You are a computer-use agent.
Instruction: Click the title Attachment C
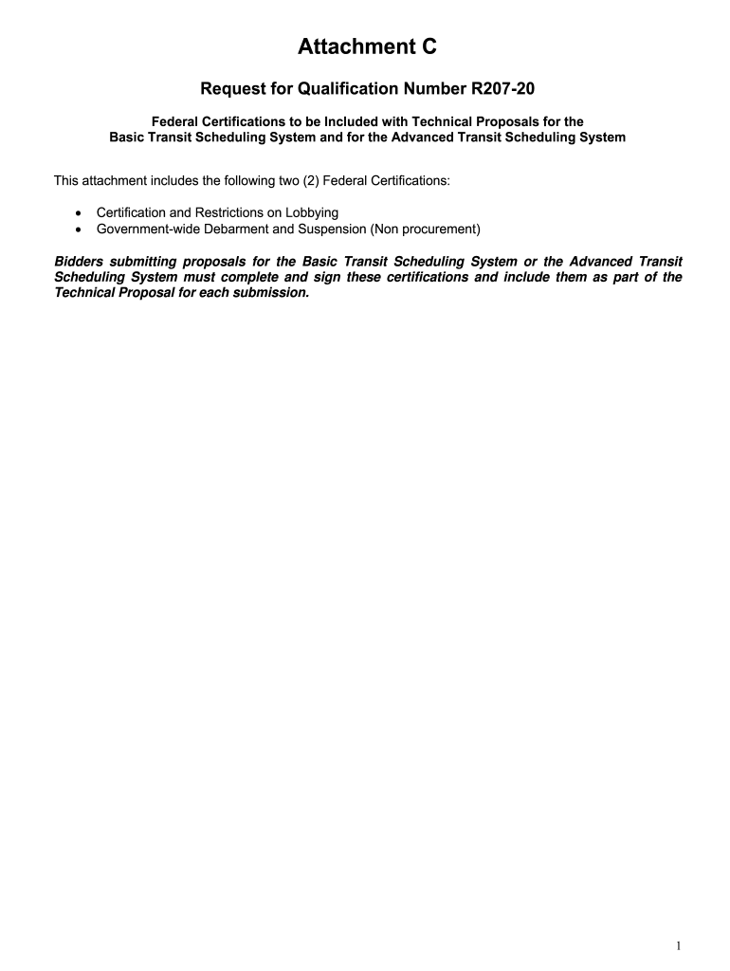[367, 46]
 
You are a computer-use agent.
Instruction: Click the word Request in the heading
[232, 90]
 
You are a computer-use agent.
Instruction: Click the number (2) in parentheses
[312, 180]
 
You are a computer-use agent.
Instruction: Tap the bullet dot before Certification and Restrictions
[77, 213]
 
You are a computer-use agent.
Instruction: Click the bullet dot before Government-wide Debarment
[77, 229]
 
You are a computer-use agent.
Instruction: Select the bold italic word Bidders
[80, 261]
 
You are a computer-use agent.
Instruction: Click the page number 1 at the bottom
[680, 946]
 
